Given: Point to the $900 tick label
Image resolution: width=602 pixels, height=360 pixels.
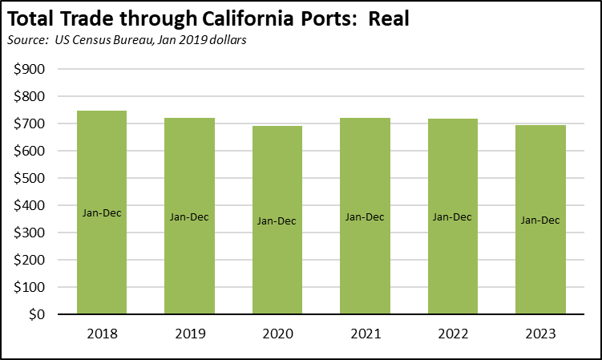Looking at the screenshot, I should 30,69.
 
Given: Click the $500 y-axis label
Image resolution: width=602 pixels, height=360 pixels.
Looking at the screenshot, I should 30,178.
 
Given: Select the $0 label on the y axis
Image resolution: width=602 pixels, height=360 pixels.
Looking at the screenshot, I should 37,314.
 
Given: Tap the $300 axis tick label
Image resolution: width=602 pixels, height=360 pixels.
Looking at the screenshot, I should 30,233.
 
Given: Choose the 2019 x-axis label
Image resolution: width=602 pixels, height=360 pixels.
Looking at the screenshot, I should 189,333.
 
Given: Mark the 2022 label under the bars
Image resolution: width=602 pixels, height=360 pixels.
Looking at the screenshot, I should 453,333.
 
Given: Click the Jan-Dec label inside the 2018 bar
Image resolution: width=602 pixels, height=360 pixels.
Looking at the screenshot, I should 102,212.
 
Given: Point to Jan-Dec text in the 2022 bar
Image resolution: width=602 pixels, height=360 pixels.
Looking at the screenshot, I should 453,216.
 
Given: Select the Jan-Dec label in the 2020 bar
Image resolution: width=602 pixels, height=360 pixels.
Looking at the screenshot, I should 277,220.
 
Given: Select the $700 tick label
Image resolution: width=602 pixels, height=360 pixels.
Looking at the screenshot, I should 30,123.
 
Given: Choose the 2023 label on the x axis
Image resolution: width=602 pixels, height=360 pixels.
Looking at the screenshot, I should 540,333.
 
